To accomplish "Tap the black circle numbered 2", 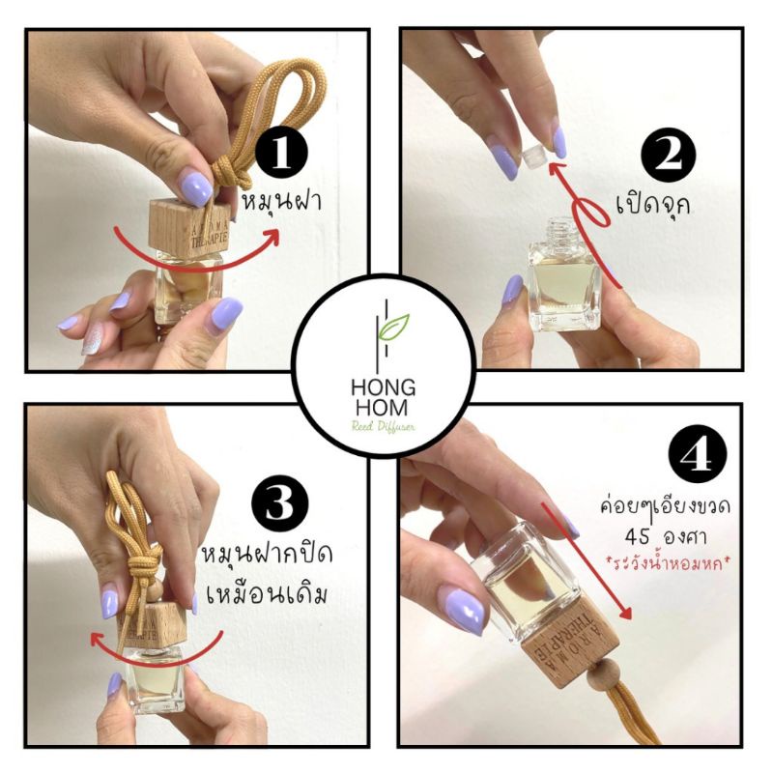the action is click(668, 156).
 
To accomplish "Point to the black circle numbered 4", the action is click(697, 452).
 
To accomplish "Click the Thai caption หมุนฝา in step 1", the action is click(282, 203).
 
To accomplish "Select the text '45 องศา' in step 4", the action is click(665, 536).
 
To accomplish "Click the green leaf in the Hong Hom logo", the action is click(392, 327).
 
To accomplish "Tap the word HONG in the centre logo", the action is click(383, 388).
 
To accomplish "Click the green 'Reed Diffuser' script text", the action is click(383, 426).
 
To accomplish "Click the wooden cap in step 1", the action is click(189, 227).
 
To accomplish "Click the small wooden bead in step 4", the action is click(598, 674).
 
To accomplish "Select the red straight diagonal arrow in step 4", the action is click(586, 560).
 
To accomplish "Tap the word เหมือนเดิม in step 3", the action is click(267, 595).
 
